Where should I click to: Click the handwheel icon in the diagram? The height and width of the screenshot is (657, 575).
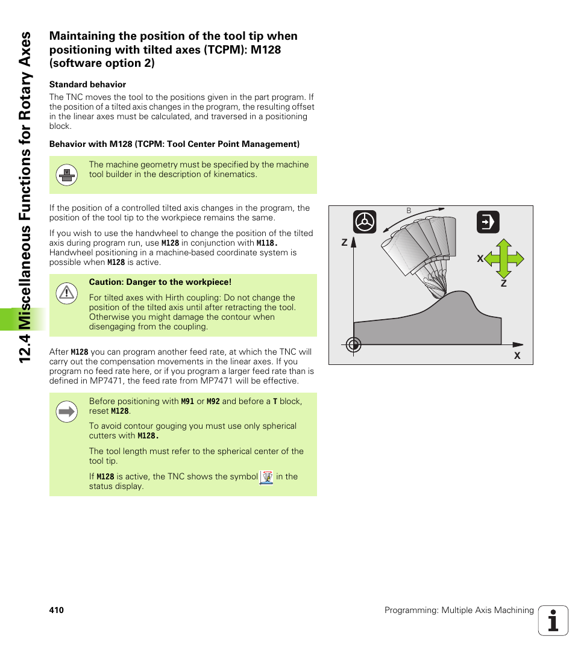(365, 222)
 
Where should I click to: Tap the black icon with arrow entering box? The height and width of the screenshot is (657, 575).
(488, 222)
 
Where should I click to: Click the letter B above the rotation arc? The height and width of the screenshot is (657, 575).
(409, 211)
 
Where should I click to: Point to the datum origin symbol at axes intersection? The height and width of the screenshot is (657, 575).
(354, 344)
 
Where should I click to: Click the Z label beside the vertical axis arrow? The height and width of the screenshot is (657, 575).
(345, 243)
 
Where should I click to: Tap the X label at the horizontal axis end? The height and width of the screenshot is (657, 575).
(517, 356)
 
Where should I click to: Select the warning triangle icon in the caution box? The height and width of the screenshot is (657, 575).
(66, 293)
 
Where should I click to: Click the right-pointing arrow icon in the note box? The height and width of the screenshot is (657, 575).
(66, 412)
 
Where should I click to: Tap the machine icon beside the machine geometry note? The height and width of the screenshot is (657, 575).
(66, 175)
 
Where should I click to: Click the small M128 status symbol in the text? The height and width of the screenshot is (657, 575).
(266, 478)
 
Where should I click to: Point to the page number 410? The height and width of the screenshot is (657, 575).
(57, 610)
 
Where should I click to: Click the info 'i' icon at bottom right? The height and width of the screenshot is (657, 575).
(553, 620)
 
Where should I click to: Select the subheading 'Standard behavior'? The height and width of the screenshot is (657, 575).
(87, 84)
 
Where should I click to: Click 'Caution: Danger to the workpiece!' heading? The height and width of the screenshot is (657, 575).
(160, 282)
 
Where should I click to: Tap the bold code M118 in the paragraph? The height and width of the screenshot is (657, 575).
(266, 243)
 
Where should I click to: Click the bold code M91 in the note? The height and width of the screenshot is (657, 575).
(187, 401)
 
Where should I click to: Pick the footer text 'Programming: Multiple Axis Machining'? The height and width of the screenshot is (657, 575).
(459, 610)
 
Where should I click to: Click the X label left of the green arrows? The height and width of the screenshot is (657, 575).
(480, 258)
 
